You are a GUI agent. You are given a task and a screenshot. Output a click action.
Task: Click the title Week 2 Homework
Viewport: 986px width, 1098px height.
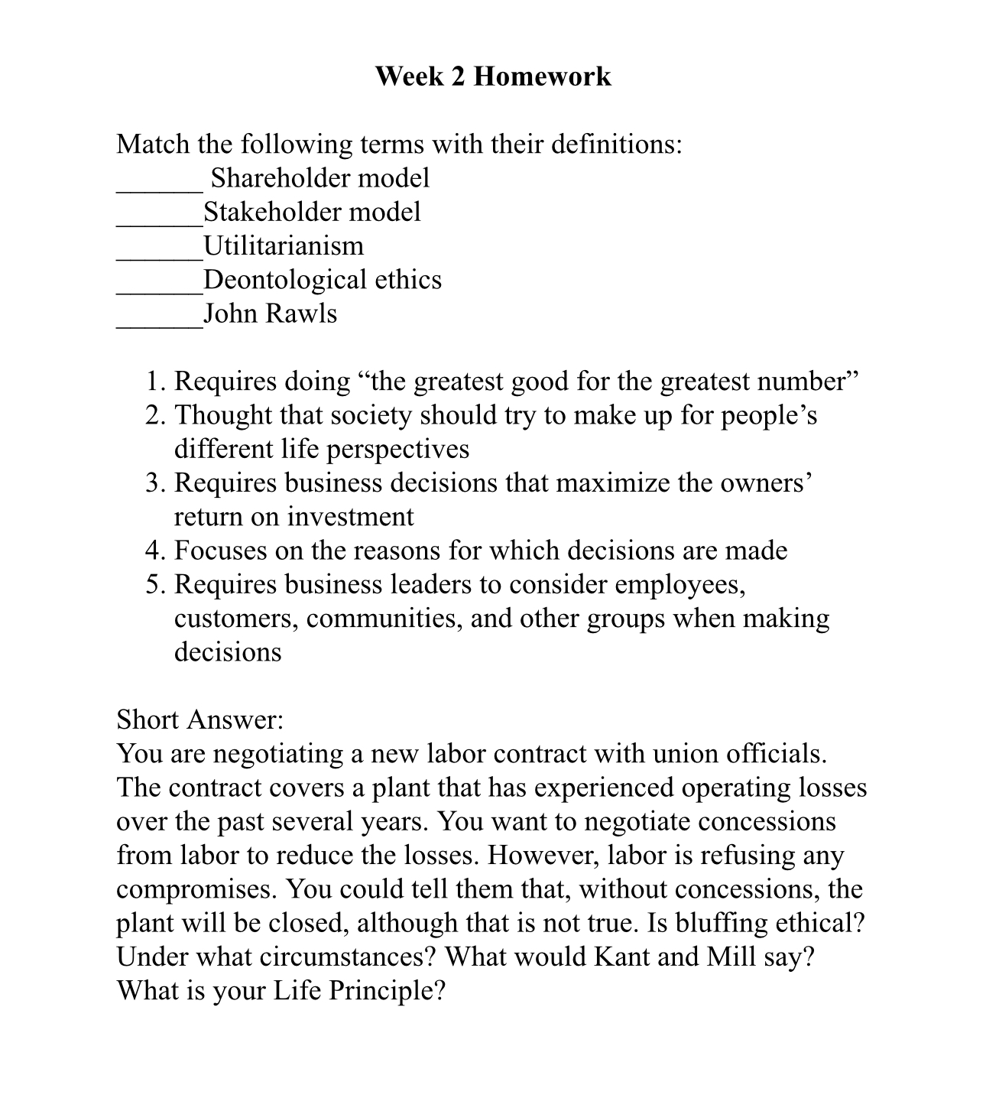(493, 76)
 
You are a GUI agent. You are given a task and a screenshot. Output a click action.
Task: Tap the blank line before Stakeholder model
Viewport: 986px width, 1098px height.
(159, 222)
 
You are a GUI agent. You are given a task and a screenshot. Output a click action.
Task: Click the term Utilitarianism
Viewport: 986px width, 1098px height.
(284, 246)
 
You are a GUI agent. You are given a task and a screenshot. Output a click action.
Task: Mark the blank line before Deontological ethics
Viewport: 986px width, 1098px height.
(159, 289)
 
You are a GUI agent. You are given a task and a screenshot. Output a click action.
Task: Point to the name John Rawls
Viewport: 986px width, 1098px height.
(270, 313)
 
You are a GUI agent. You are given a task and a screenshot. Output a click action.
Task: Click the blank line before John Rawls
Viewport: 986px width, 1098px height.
(159, 323)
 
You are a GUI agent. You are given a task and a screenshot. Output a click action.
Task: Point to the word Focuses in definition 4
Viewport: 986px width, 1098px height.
(220, 551)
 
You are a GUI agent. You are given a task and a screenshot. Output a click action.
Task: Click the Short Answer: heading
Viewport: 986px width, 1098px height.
(200, 720)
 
